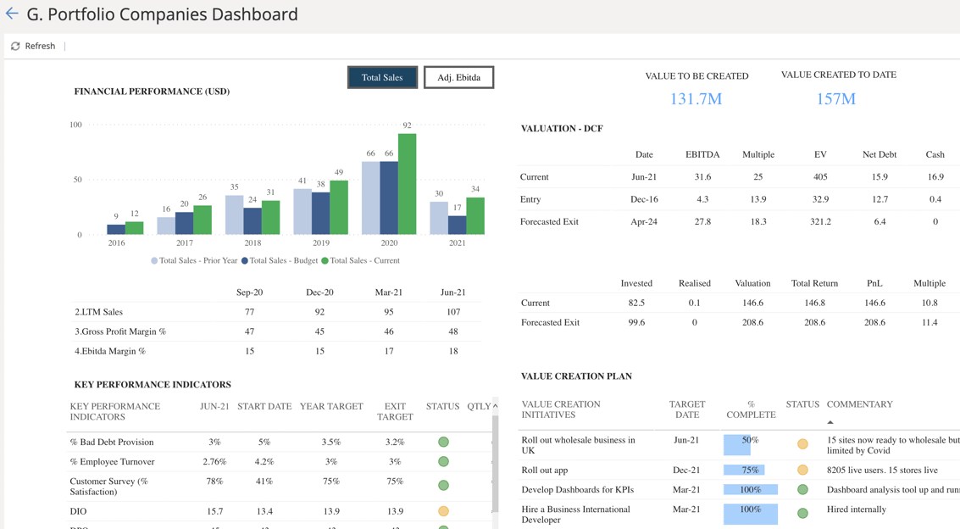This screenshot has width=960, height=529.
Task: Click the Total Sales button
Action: [x=382, y=77]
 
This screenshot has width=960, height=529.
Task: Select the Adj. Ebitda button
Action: [x=458, y=77]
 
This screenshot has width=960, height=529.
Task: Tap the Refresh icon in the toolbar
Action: [x=15, y=46]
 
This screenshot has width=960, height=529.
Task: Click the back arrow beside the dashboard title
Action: [x=12, y=14]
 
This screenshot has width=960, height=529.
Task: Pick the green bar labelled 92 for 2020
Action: [x=407, y=184]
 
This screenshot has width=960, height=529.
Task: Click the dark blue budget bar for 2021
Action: [x=457, y=225]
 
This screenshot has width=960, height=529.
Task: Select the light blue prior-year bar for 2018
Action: [x=234, y=214]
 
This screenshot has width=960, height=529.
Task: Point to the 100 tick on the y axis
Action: [x=75, y=125]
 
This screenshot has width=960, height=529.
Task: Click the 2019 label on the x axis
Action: [x=320, y=242]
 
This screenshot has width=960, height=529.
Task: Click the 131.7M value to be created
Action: [x=696, y=99]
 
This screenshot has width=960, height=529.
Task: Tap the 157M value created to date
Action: [x=835, y=99]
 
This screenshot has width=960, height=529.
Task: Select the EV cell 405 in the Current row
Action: [x=819, y=177]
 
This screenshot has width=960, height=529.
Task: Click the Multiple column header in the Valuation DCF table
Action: [x=757, y=154]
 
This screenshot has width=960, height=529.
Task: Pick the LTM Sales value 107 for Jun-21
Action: [x=452, y=312]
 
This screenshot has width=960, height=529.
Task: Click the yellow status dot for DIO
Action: [x=443, y=511]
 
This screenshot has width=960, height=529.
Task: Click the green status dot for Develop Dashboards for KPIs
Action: [x=802, y=490]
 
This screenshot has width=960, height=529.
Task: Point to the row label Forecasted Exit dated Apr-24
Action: [x=549, y=221]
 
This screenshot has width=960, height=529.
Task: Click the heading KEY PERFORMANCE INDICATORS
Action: [x=153, y=384]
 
